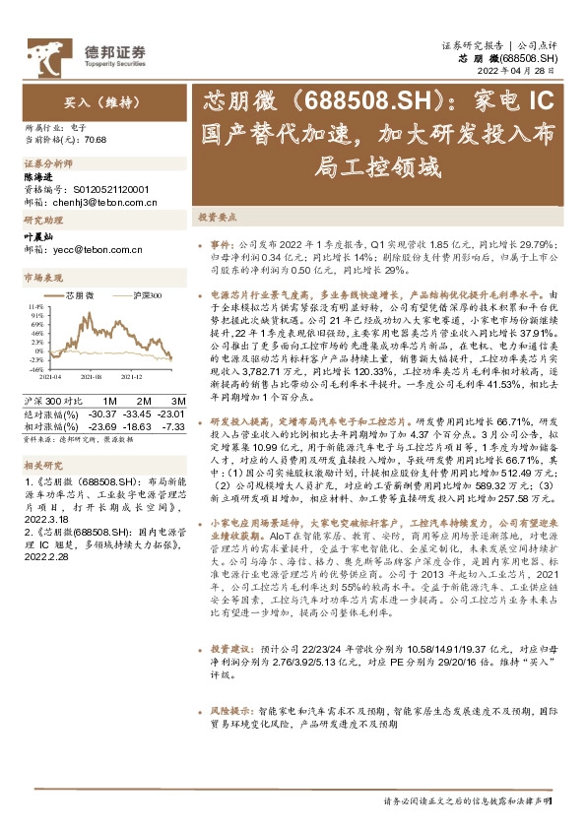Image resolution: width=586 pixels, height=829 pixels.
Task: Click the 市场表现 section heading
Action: (x=42, y=280)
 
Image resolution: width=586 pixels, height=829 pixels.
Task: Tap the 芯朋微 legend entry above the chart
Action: (x=80, y=295)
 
